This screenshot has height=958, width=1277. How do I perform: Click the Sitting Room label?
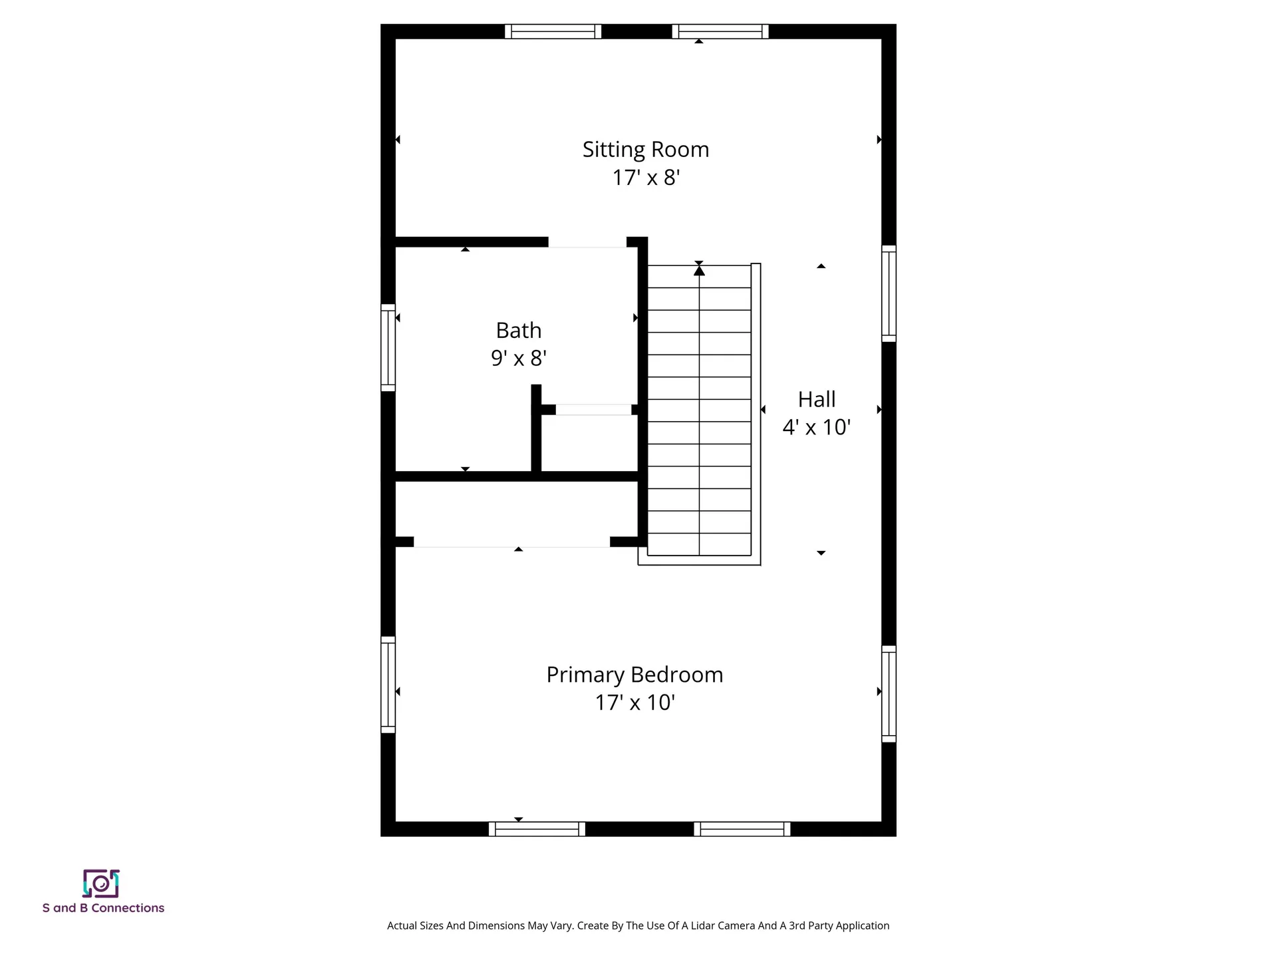click(646, 150)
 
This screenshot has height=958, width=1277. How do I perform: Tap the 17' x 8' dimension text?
click(646, 178)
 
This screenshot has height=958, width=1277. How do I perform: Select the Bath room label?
click(519, 331)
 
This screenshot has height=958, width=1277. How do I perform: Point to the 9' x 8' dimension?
click(519, 359)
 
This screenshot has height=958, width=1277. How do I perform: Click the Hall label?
click(817, 399)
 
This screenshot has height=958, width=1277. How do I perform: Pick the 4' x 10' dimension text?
click(817, 427)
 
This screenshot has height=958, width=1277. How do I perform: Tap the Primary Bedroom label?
click(635, 675)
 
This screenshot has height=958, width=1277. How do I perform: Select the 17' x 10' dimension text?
click(635, 703)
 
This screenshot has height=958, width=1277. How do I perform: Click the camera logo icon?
click(101, 883)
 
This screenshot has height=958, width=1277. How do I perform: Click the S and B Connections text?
click(103, 908)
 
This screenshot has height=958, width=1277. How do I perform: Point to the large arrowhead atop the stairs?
click(699, 270)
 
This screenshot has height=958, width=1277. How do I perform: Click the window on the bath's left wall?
click(388, 347)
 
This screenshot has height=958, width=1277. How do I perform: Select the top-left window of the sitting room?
click(553, 31)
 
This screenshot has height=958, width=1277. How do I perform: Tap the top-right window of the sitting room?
click(720, 31)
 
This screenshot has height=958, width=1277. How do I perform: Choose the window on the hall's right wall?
click(889, 293)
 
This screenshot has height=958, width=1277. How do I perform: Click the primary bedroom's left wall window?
click(388, 685)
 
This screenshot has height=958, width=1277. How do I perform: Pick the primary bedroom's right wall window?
click(889, 693)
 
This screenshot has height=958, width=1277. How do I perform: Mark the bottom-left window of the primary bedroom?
click(537, 829)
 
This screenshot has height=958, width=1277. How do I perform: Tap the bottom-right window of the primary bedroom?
click(742, 829)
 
